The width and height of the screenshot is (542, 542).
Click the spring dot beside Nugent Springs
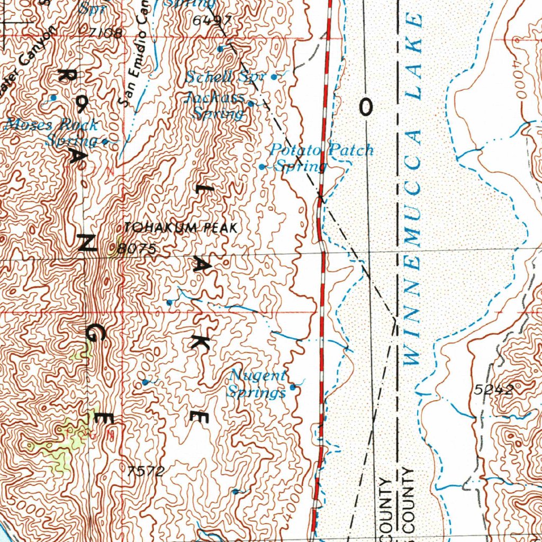(x=293, y=387)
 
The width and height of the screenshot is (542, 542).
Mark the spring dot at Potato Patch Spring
(x=262, y=167)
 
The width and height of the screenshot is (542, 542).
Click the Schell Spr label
(x=224, y=77)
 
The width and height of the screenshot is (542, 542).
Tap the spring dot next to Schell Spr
(x=274, y=77)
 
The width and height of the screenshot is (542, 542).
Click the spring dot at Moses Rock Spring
(x=105, y=141)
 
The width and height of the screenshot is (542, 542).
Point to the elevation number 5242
(x=493, y=391)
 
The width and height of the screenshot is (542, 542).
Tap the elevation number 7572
(x=146, y=471)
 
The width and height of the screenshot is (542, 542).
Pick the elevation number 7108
(x=105, y=33)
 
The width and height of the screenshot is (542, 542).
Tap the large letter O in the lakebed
(x=366, y=108)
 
